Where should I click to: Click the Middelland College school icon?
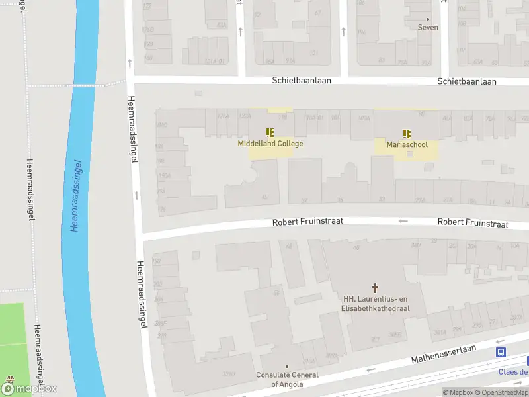point(270,132)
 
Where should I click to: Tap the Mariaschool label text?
point(407,144)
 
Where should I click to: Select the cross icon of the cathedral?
point(376,288)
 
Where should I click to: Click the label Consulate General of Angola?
point(287,379)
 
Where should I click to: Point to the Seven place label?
point(428,28)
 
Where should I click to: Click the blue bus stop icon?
point(501,353)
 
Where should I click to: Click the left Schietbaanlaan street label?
point(302,80)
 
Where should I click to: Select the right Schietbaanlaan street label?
point(467,81)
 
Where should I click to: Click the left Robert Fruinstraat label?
point(307,223)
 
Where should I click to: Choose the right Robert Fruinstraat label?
point(472,224)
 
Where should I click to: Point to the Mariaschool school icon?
point(407,133)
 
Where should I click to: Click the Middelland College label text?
point(270,144)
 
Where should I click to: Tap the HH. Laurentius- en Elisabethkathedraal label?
point(376,304)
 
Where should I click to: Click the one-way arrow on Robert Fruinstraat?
point(403,221)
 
